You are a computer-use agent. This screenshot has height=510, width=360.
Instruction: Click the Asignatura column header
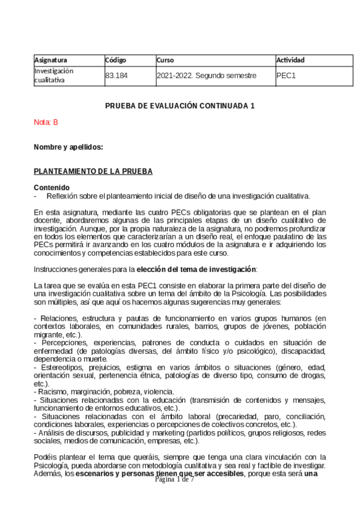point(50,60)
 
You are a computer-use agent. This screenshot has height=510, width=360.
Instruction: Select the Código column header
point(115,60)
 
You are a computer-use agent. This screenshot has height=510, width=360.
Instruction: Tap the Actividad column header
point(290,60)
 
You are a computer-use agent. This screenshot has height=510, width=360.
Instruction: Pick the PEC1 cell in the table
point(286,76)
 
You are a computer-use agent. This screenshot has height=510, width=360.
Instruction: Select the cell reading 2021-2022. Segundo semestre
point(206,76)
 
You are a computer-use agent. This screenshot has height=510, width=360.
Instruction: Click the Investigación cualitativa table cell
point(54,75)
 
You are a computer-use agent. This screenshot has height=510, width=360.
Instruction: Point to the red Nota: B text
point(46,122)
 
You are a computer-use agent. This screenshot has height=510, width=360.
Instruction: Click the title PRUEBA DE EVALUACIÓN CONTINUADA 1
point(180,106)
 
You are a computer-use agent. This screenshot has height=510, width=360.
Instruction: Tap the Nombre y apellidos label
point(69,147)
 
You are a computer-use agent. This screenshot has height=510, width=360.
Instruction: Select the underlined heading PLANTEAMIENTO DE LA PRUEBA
point(93,171)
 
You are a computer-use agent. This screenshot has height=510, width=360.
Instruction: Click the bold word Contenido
point(52,187)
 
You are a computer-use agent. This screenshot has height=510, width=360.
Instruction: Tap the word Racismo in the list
point(52,392)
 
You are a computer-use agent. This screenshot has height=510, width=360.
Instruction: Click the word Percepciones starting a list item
point(60,342)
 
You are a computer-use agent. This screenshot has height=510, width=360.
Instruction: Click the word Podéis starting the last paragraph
point(45,456)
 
